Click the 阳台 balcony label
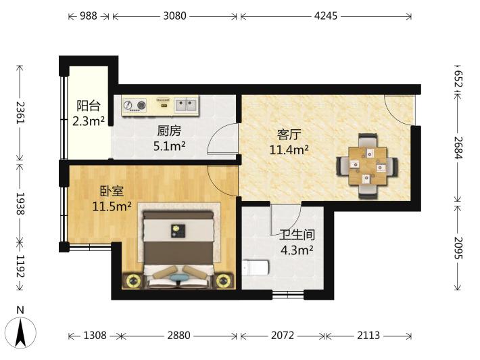click(89, 106)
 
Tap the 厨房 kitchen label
click(169, 131)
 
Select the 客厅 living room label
click(289, 135)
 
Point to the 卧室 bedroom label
click(112, 192)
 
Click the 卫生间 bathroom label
click(297, 235)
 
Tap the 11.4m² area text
click(289, 150)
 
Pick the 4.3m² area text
click(297, 250)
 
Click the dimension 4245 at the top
click(326, 16)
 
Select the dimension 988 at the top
click(89, 16)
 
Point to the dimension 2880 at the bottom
click(178, 336)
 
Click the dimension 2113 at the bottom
click(368, 336)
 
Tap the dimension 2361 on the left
click(20, 112)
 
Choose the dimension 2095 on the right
click(458, 248)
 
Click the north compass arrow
click(21, 332)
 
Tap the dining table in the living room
click(368, 166)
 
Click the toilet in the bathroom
click(256, 268)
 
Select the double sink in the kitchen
click(185, 105)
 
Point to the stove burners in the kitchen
click(135, 106)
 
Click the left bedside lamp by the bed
click(133, 280)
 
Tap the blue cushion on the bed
click(180, 277)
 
